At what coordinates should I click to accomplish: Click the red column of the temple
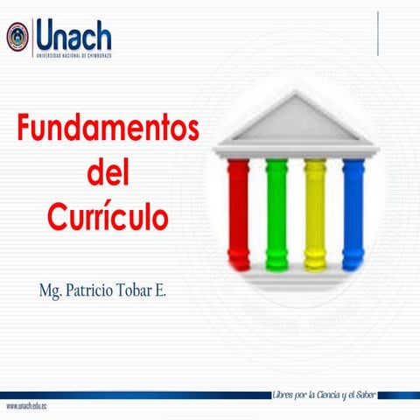tap(238, 213)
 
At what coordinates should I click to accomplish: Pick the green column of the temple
tap(276, 213)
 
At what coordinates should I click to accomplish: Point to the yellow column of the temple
tap(315, 213)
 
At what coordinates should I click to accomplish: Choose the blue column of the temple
tap(353, 213)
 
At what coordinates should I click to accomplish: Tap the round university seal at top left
tap(17, 37)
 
